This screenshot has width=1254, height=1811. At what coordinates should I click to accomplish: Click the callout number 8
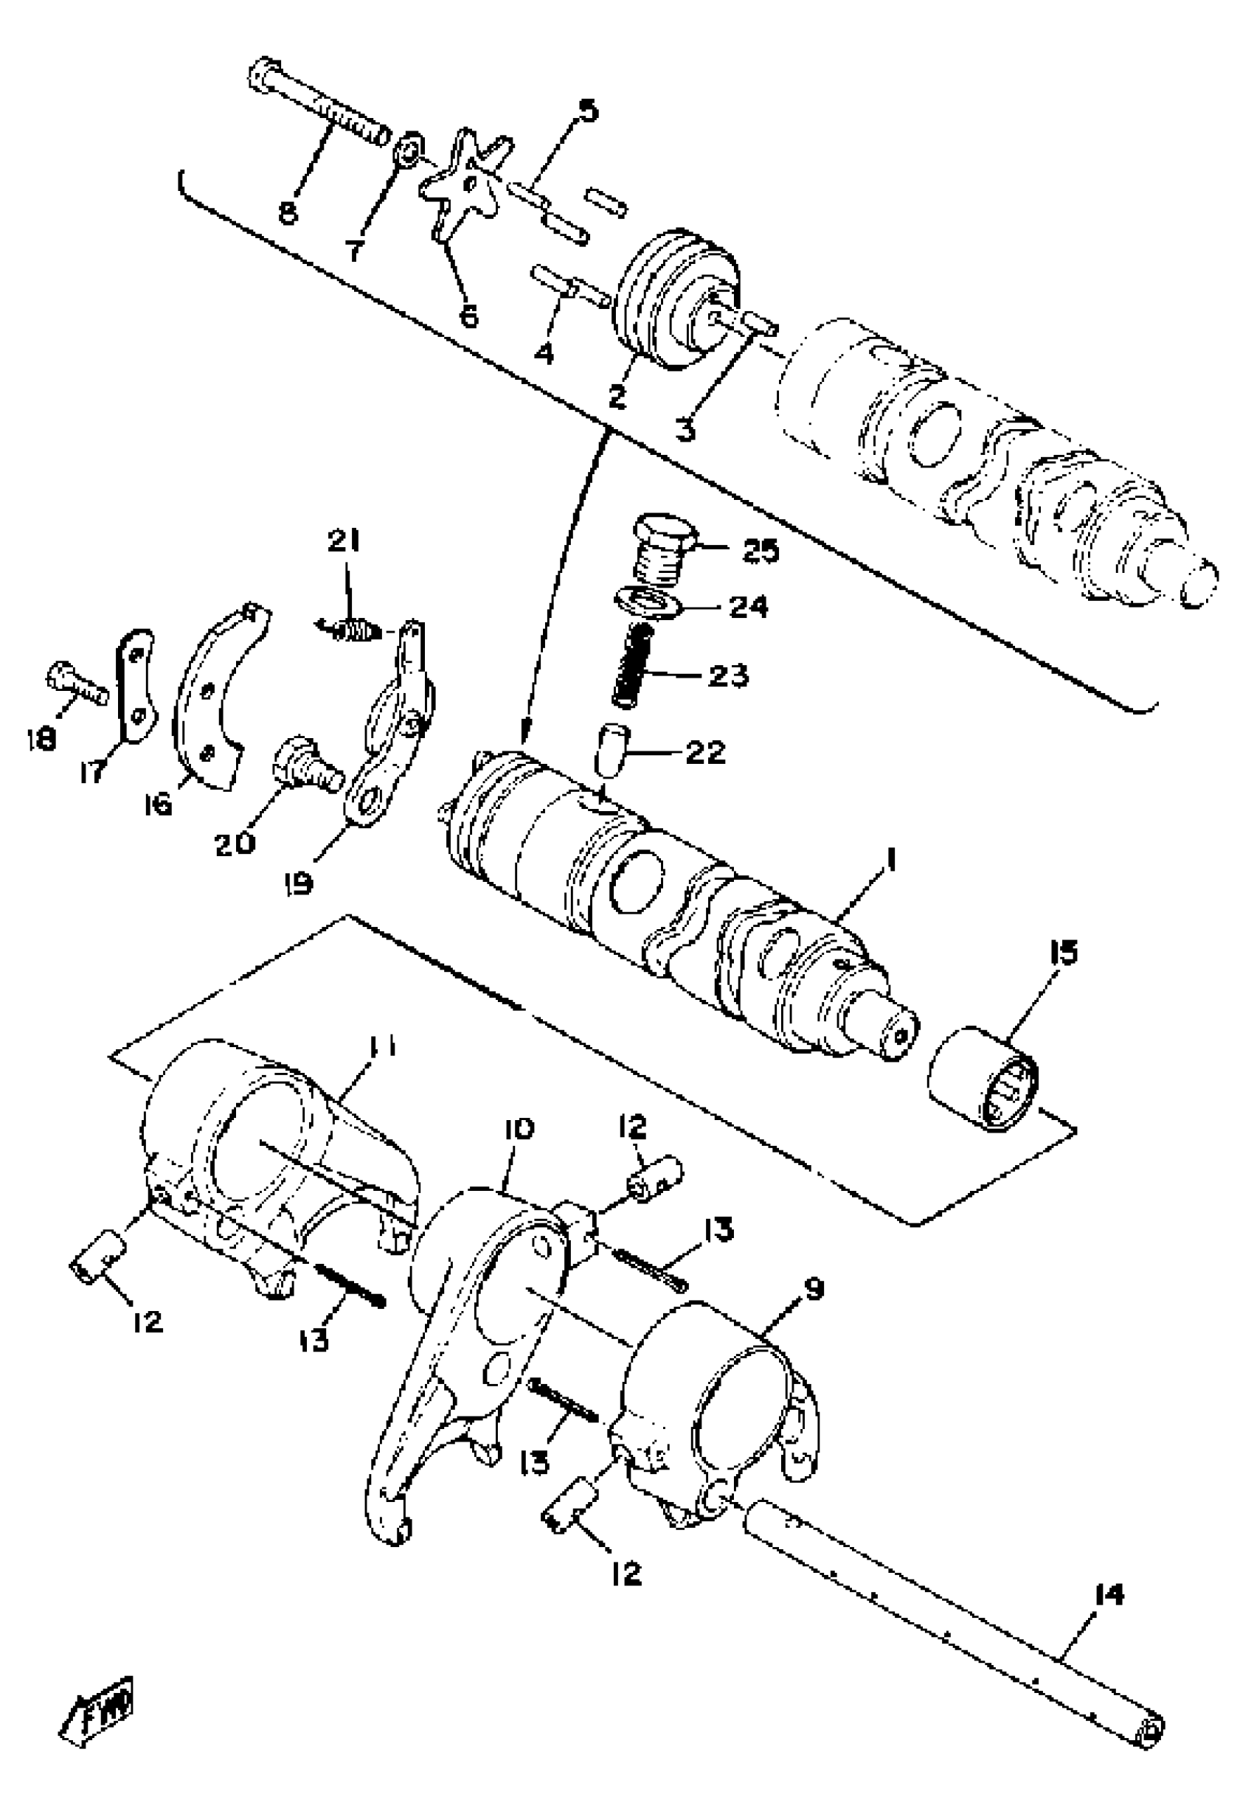click(x=288, y=213)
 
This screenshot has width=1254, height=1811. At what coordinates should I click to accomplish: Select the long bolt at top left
click(x=318, y=104)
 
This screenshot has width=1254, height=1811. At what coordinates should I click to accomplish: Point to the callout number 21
click(x=342, y=541)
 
